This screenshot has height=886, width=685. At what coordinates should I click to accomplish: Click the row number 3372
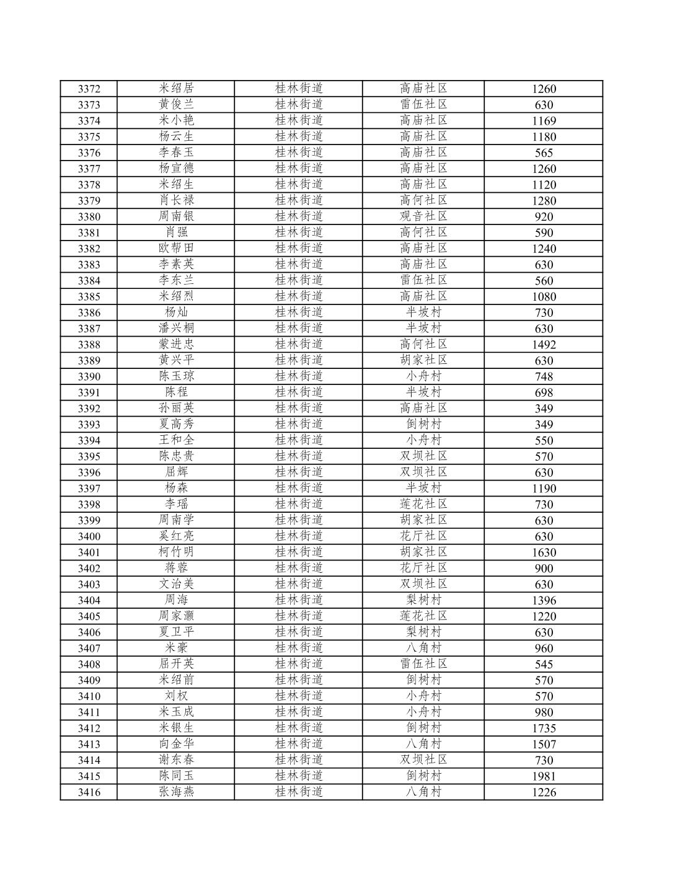[89, 89]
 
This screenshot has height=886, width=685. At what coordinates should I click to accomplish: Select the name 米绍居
[176, 89]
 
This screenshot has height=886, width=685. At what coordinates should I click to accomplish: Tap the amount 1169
[544, 121]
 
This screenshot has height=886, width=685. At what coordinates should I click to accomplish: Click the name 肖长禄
[176, 200]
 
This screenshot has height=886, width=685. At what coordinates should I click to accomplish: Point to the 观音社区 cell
[423, 216]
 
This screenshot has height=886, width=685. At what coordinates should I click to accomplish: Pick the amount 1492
[544, 345]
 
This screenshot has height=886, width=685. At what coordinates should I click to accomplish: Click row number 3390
[89, 377]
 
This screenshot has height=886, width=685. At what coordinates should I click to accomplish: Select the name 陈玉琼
[176, 376]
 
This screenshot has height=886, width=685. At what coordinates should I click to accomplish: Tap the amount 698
[544, 392]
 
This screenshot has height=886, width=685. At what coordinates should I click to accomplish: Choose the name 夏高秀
[176, 425]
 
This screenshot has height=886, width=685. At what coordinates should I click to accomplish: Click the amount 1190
[544, 489]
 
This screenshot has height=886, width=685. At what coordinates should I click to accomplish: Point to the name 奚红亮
[176, 536]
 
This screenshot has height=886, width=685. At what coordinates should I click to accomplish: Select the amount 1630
[544, 552]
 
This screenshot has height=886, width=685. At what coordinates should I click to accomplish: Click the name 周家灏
[176, 616]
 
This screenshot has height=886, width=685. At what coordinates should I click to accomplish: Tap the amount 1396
[544, 600]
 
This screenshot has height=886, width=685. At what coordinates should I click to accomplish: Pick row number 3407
[89, 649]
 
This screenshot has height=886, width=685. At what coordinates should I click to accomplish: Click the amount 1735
[544, 729]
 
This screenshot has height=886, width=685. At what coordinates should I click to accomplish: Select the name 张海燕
[176, 792]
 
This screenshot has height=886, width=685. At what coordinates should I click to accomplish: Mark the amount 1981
[544, 776]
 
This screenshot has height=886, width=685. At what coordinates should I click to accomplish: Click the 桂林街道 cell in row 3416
[299, 792]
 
